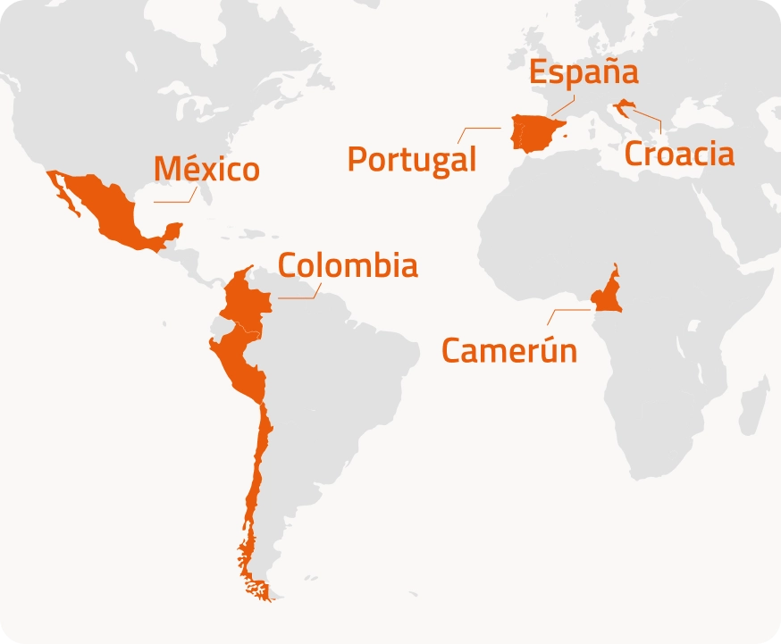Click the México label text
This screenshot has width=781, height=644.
206,169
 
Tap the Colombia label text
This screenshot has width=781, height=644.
348,265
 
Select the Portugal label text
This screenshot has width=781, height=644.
412,160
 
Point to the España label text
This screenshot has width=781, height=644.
584,72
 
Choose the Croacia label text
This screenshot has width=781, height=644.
679,154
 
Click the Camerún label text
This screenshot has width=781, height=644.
509,350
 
